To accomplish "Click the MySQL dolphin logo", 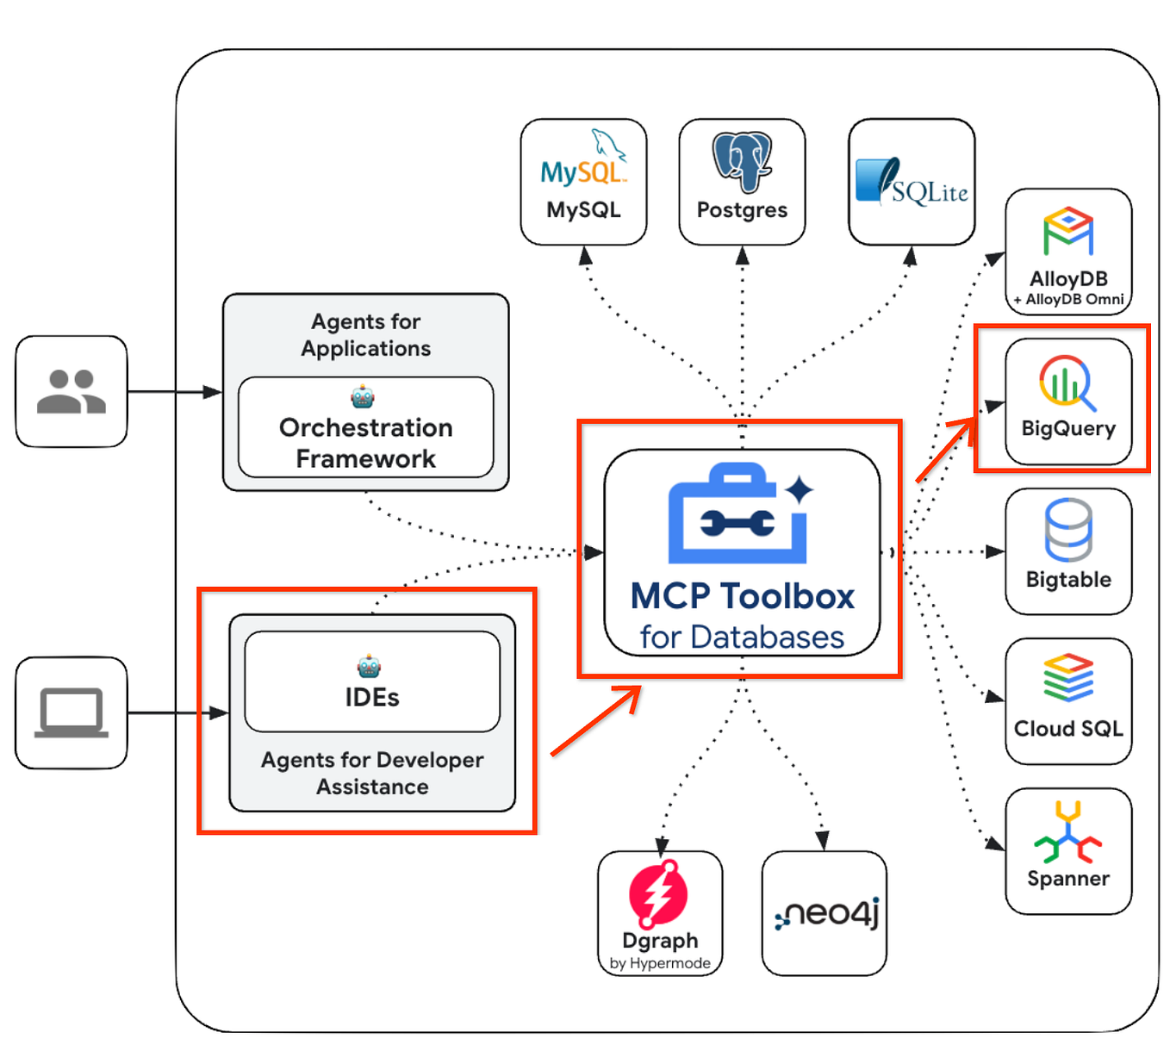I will [584, 159].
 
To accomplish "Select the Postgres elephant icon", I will [742, 161].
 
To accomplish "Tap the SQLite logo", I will [912, 182].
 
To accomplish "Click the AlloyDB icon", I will [1068, 231].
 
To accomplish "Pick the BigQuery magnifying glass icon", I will [1067, 382].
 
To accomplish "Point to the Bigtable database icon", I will [1068, 530].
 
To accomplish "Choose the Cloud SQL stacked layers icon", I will [1068, 678].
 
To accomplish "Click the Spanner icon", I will [1068, 832].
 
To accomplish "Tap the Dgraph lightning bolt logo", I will [659, 893].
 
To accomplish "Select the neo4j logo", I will [825, 913].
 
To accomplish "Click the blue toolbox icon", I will [739, 514].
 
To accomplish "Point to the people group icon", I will [72, 392].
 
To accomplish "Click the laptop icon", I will [72, 713].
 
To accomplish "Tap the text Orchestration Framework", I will [366, 443].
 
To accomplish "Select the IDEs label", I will [372, 697].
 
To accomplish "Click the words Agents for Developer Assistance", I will [372, 773].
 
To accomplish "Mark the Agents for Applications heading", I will [366, 335].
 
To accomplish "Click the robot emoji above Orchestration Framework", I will [363, 396].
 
